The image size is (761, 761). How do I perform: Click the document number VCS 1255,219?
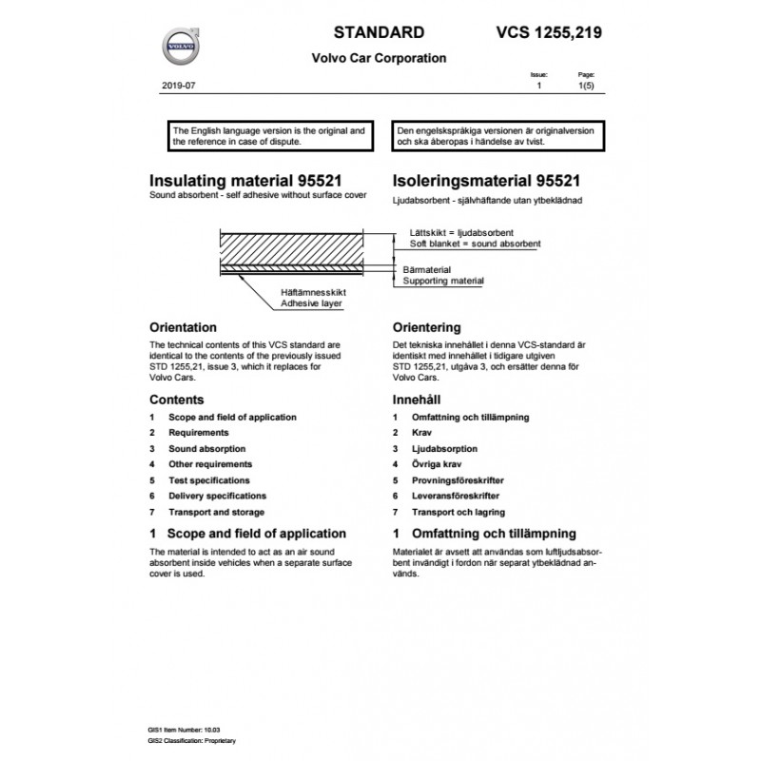coord(550,32)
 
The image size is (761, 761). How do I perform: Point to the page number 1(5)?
coord(588,86)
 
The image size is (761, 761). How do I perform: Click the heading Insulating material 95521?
coord(245,180)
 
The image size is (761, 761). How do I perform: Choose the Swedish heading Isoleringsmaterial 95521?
coord(487,180)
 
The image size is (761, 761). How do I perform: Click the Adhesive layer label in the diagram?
coord(311,303)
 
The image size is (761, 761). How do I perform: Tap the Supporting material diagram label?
coord(443,282)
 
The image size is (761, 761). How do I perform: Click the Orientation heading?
coord(190,327)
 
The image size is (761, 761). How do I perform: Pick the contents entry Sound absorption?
coord(206,448)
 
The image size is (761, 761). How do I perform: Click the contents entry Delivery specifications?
coord(217,496)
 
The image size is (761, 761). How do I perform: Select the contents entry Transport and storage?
coord(217,512)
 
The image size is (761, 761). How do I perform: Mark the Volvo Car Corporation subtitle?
coord(379,58)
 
